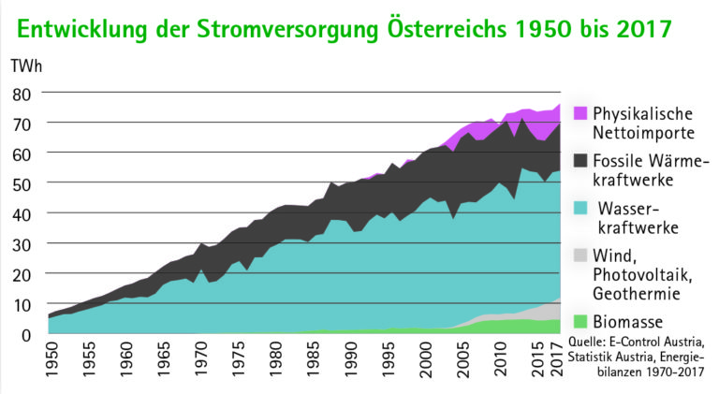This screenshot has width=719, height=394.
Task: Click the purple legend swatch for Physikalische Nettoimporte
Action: [x=580, y=112]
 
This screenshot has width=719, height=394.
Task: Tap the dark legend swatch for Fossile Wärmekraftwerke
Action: [x=580, y=161]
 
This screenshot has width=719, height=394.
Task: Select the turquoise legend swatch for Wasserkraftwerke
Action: [x=580, y=207]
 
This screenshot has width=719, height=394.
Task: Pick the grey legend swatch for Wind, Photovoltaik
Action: [x=580, y=255]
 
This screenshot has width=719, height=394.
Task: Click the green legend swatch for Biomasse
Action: [x=580, y=321]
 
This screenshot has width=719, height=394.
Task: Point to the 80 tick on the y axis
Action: [x=22, y=94]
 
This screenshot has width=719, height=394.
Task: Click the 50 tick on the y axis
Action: [x=22, y=183]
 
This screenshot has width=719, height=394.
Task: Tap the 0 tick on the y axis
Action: [x=27, y=333]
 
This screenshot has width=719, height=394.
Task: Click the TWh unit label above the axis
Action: [x=26, y=66]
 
